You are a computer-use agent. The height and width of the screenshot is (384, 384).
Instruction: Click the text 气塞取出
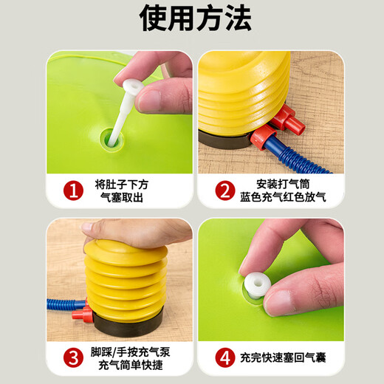coord(123,199)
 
